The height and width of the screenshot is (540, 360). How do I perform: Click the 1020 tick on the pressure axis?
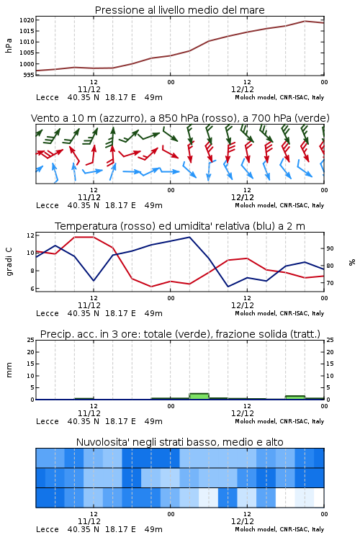click(27, 20)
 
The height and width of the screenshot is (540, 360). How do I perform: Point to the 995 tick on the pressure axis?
click(29, 75)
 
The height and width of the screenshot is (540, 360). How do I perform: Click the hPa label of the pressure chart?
click(9, 45)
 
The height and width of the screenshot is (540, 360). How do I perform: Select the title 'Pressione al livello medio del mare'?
click(180, 10)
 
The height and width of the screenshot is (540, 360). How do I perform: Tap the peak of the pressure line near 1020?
click(305, 21)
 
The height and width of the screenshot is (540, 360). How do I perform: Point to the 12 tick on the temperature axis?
click(30, 235)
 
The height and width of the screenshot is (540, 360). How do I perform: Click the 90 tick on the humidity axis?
click(330, 248)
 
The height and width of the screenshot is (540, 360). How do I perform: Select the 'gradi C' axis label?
click(9, 262)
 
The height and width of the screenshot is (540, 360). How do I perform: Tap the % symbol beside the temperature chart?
click(352, 262)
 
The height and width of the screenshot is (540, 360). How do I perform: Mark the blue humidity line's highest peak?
click(189, 238)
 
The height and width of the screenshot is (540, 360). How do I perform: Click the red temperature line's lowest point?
click(151, 286)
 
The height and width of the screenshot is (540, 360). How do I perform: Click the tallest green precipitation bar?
click(199, 396)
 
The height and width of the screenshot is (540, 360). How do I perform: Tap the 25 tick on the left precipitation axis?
click(31, 341)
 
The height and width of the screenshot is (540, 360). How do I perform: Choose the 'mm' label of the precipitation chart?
click(9, 370)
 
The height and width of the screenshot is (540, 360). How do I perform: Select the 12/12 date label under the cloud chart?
click(243, 521)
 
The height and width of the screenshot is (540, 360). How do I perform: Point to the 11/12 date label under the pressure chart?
click(89, 89)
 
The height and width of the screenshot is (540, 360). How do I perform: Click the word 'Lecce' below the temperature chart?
click(48, 313)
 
